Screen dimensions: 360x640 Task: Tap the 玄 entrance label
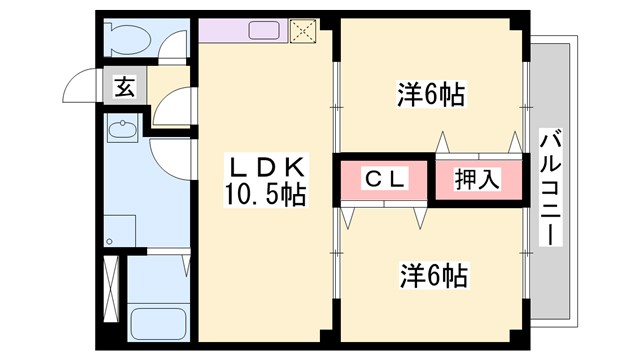tap(123, 86)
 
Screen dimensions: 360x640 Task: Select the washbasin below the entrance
tap(124, 129)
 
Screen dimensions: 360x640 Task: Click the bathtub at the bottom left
tap(158, 323)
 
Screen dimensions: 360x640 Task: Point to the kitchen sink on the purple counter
tap(262, 29)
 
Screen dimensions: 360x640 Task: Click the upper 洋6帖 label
tap(431, 95)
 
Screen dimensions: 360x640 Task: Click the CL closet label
tap(382, 180)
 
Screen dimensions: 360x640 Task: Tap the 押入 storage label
tap(476, 180)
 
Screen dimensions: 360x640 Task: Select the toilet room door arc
tap(173, 44)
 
